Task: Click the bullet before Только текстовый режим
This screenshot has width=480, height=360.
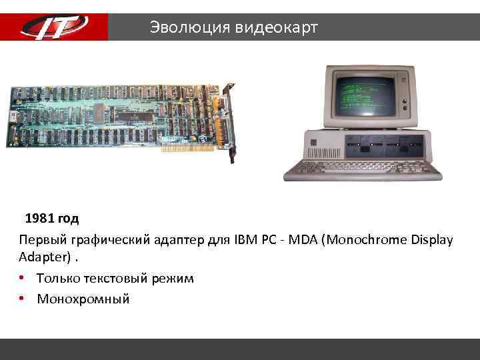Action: (x=23, y=278)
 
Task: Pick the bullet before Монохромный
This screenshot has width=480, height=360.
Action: (x=23, y=299)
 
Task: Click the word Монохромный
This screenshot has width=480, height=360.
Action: (x=83, y=299)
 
